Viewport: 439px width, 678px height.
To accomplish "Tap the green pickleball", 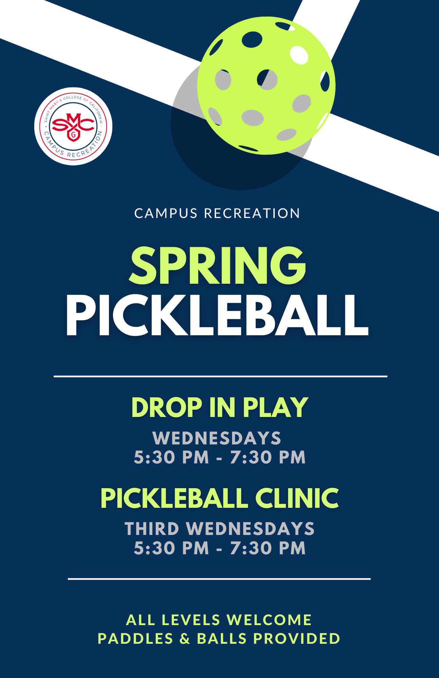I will coord(266,86).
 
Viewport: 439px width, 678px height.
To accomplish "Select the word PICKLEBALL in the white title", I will coord(217,316).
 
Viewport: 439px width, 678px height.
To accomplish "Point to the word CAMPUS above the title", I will coord(166,214).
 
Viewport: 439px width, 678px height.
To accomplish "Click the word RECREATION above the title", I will coord(252,214).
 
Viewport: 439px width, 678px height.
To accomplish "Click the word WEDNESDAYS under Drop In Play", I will coord(217,438).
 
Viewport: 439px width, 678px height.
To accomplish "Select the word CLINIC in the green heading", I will coord(297,498).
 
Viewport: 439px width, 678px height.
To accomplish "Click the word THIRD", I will coord(152,529).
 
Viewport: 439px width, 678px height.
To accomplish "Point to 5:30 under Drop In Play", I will coord(154,457).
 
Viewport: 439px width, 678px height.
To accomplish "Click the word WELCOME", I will coord(269,620).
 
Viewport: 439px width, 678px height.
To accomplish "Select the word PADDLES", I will coord(135,639).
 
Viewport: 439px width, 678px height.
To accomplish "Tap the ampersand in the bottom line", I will coord(185,639).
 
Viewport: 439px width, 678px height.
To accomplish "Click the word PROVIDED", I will coord(297,639).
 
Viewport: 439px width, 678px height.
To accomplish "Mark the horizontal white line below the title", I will coord(220,376).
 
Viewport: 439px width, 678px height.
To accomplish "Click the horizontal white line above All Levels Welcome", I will coord(219,579).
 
